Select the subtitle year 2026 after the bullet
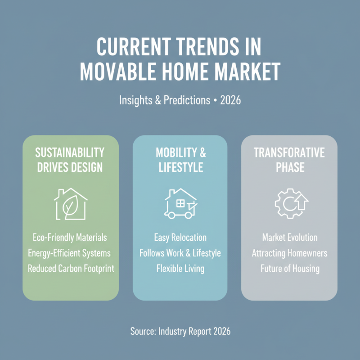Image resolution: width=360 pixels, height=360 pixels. click(230, 100)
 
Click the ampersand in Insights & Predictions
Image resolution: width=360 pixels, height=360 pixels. click(158, 100)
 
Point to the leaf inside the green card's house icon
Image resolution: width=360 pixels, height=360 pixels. click(71, 206)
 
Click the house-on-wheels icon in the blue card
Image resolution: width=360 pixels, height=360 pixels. click(181, 203)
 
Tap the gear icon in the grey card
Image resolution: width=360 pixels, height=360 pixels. click(291, 203)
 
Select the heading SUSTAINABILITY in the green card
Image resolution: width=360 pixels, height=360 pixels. click(70, 153)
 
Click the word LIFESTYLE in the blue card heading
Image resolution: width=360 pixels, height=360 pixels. click(181, 167)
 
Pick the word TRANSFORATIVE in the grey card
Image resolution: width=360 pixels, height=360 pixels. click(289, 153)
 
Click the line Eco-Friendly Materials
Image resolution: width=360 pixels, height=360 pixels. click(70, 238)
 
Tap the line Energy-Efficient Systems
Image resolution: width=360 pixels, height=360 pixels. click(69, 253)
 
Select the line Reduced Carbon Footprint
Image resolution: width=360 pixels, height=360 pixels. click(71, 268)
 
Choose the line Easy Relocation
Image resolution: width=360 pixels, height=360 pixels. click(180, 238)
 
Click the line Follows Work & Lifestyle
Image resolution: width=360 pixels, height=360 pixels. click(180, 253)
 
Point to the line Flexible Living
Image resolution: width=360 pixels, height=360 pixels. click(180, 269)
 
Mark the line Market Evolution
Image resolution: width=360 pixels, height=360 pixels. click(290, 238)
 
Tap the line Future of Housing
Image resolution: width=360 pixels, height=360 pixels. click(290, 269)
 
